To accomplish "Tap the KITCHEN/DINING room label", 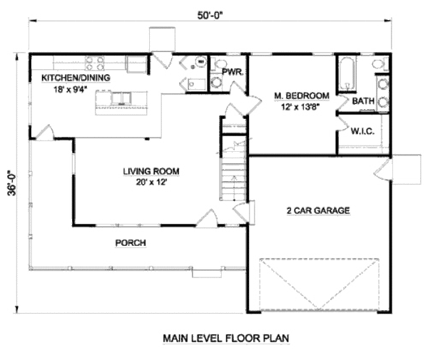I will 76,77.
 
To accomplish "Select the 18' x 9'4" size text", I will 67,89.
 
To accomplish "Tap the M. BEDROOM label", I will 302,96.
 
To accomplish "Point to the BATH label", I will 364,101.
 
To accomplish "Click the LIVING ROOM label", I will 151,171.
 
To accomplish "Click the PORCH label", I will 131,243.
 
